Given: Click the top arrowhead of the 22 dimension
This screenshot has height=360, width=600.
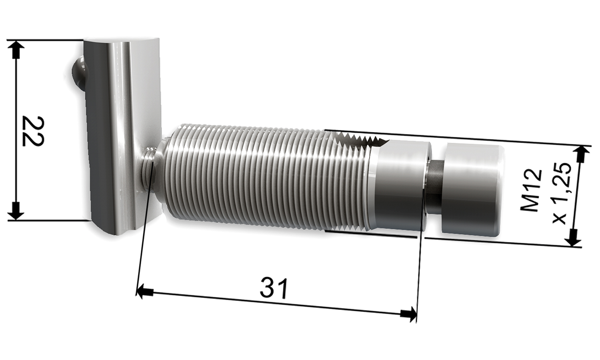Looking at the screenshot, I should (16, 49).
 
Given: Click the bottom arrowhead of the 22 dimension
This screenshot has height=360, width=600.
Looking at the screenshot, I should (16, 211).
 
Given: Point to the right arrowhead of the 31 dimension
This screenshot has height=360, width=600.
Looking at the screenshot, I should (409, 314).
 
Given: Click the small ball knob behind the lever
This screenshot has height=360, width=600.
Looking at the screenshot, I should (78, 72).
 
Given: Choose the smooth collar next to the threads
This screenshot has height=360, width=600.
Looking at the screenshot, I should (400, 186).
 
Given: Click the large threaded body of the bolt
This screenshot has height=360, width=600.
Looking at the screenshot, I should (260, 176).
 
